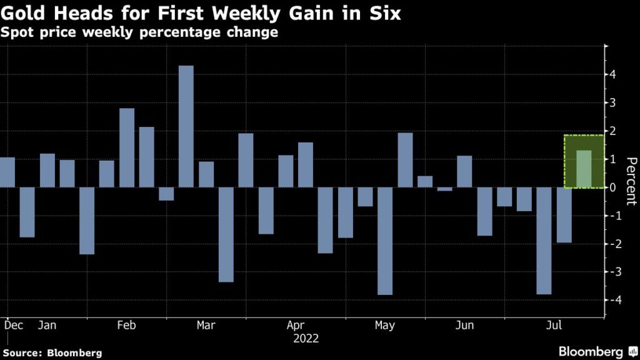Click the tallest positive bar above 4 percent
click(x=186, y=126)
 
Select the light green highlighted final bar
click(x=584, y=169)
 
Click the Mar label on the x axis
click(x=206, y=325)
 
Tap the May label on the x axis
click(x=385, y=325)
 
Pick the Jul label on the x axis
click(x=554, y=325)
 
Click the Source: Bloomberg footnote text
click(x=52, y=353)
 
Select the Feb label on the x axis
click(x=127, y=325)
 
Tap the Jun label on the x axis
click(x=464, y=325)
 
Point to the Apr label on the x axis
click(x=296, y=325)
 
